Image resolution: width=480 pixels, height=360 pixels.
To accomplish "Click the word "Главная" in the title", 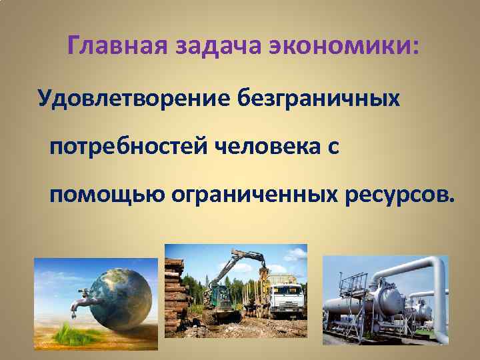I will [119, 47].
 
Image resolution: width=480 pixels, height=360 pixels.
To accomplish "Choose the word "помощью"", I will [107, 195].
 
